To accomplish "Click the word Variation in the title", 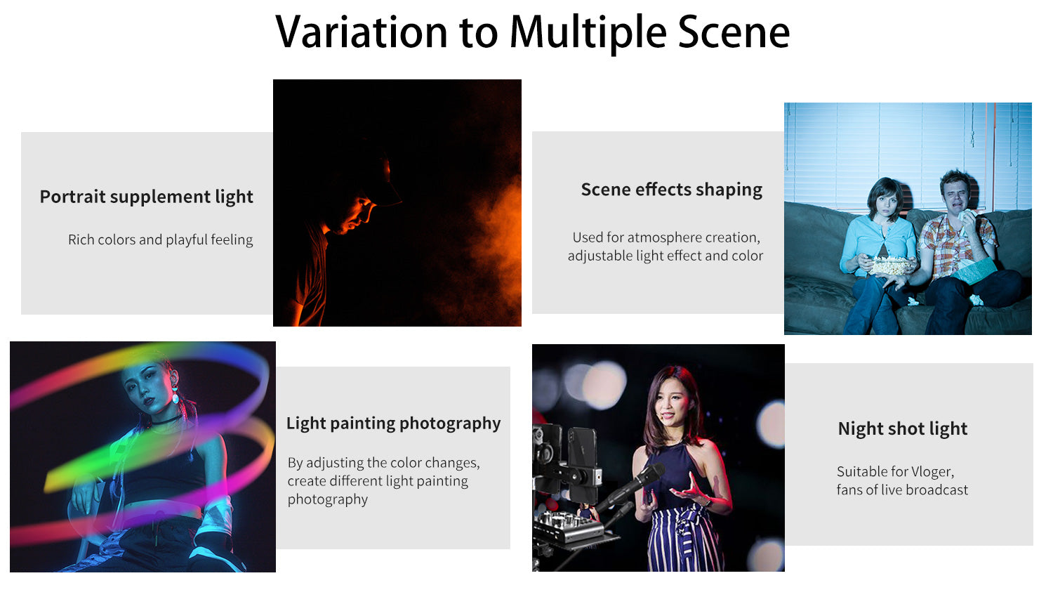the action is tap(362, 32).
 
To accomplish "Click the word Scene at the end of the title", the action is tap(734, 32).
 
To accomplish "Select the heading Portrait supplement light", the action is tap(146, 197).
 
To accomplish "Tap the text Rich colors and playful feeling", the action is tap(160, 240).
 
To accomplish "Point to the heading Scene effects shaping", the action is tap(671, 190).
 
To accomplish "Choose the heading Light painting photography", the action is tap(393, 424).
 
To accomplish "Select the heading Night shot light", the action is tap(903, 428).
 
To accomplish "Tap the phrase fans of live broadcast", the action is tap(902, 490).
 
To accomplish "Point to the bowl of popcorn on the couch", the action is tap(890, 267).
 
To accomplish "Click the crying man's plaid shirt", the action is tap(957, 244).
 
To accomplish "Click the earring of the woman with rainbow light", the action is tap(175, 396).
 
